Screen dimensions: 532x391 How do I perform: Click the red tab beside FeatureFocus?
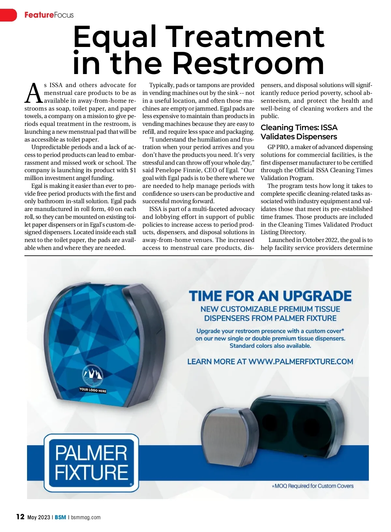coord(8,15)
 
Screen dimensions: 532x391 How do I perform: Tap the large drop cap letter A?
coord(34,93)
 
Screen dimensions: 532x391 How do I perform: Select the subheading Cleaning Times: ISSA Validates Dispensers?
coord(299,132)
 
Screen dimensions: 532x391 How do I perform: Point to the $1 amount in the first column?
coord(133,170)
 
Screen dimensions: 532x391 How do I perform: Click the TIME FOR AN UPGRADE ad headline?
coord(270,296)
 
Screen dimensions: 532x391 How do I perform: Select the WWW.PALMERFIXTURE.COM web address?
coord(301,362)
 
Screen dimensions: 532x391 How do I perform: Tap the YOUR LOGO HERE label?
coord(93,390)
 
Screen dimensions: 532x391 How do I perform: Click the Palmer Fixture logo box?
coord(91,463)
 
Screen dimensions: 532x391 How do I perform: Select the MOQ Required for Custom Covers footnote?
coord(312,486)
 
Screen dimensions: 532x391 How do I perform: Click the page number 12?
coord(20,517)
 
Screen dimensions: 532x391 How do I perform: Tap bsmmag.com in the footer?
coord(86,517)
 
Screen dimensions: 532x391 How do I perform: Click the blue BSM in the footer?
coord(60,517)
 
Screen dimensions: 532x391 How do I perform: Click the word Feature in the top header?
coord(39,15)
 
